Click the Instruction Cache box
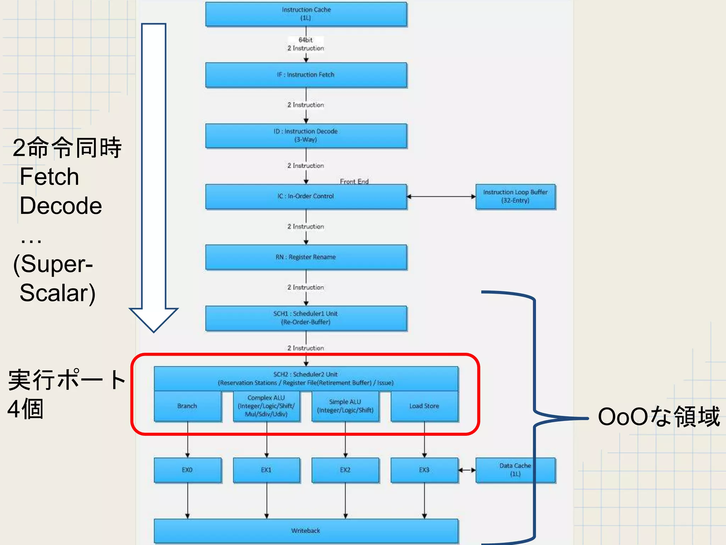click(306, 14)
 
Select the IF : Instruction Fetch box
click(306, 75)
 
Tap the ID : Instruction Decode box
click(306, 136)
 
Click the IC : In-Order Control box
click(306, 196)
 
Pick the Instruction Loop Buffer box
click(515, 196)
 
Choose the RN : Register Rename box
click(306, 257)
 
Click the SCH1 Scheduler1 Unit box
click(306, 318)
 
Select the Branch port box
click(187, 406)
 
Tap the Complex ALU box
click(266, 406)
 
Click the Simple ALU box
click(345, 406)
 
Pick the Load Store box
click(424, 406)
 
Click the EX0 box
click(187, 470)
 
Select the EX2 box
click(345, 470)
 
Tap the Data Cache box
click(515, 470)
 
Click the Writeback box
click(306, 530)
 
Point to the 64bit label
click(306, 40)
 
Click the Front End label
click(354, 181)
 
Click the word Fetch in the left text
click(49, 177)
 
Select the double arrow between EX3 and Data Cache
click(467, 470)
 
